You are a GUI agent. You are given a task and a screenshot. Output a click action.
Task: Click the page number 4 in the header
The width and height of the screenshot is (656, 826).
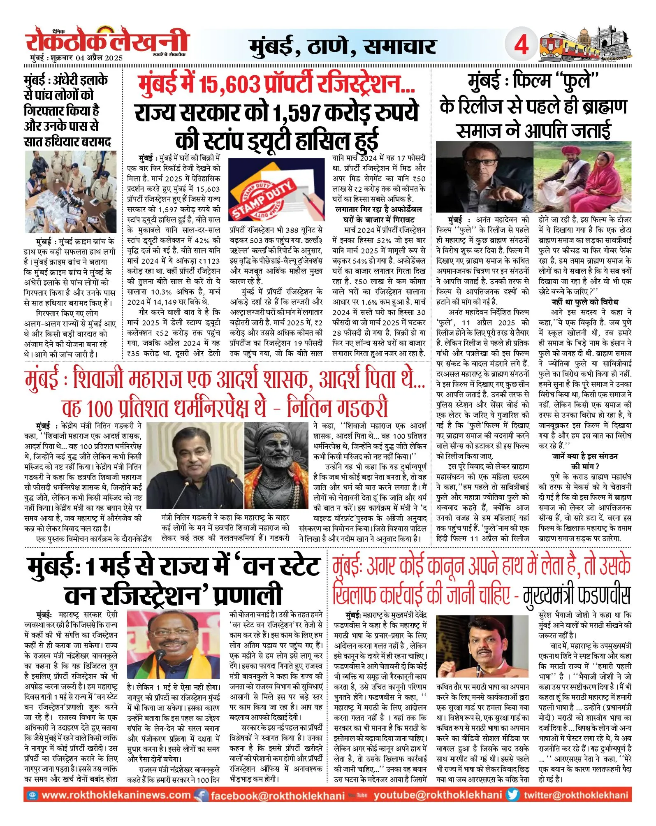tap(521, 44)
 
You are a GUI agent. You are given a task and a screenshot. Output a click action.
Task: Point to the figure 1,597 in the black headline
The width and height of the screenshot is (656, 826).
tap(297, 113)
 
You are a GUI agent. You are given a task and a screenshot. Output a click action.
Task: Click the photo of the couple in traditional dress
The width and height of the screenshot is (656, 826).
tap(582, 177)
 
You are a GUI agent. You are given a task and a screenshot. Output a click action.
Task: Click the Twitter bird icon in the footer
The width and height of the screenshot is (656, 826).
tap(513, 795)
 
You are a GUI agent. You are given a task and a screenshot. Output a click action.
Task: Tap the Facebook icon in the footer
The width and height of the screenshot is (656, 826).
tap(201, 795)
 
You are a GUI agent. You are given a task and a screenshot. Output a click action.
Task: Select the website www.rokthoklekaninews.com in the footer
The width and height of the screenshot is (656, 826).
tap(116, 795)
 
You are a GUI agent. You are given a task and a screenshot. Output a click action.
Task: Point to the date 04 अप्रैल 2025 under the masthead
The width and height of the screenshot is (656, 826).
tap(99, 58)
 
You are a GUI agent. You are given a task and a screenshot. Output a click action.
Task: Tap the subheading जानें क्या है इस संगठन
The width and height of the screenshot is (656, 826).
tap(584, 456)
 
